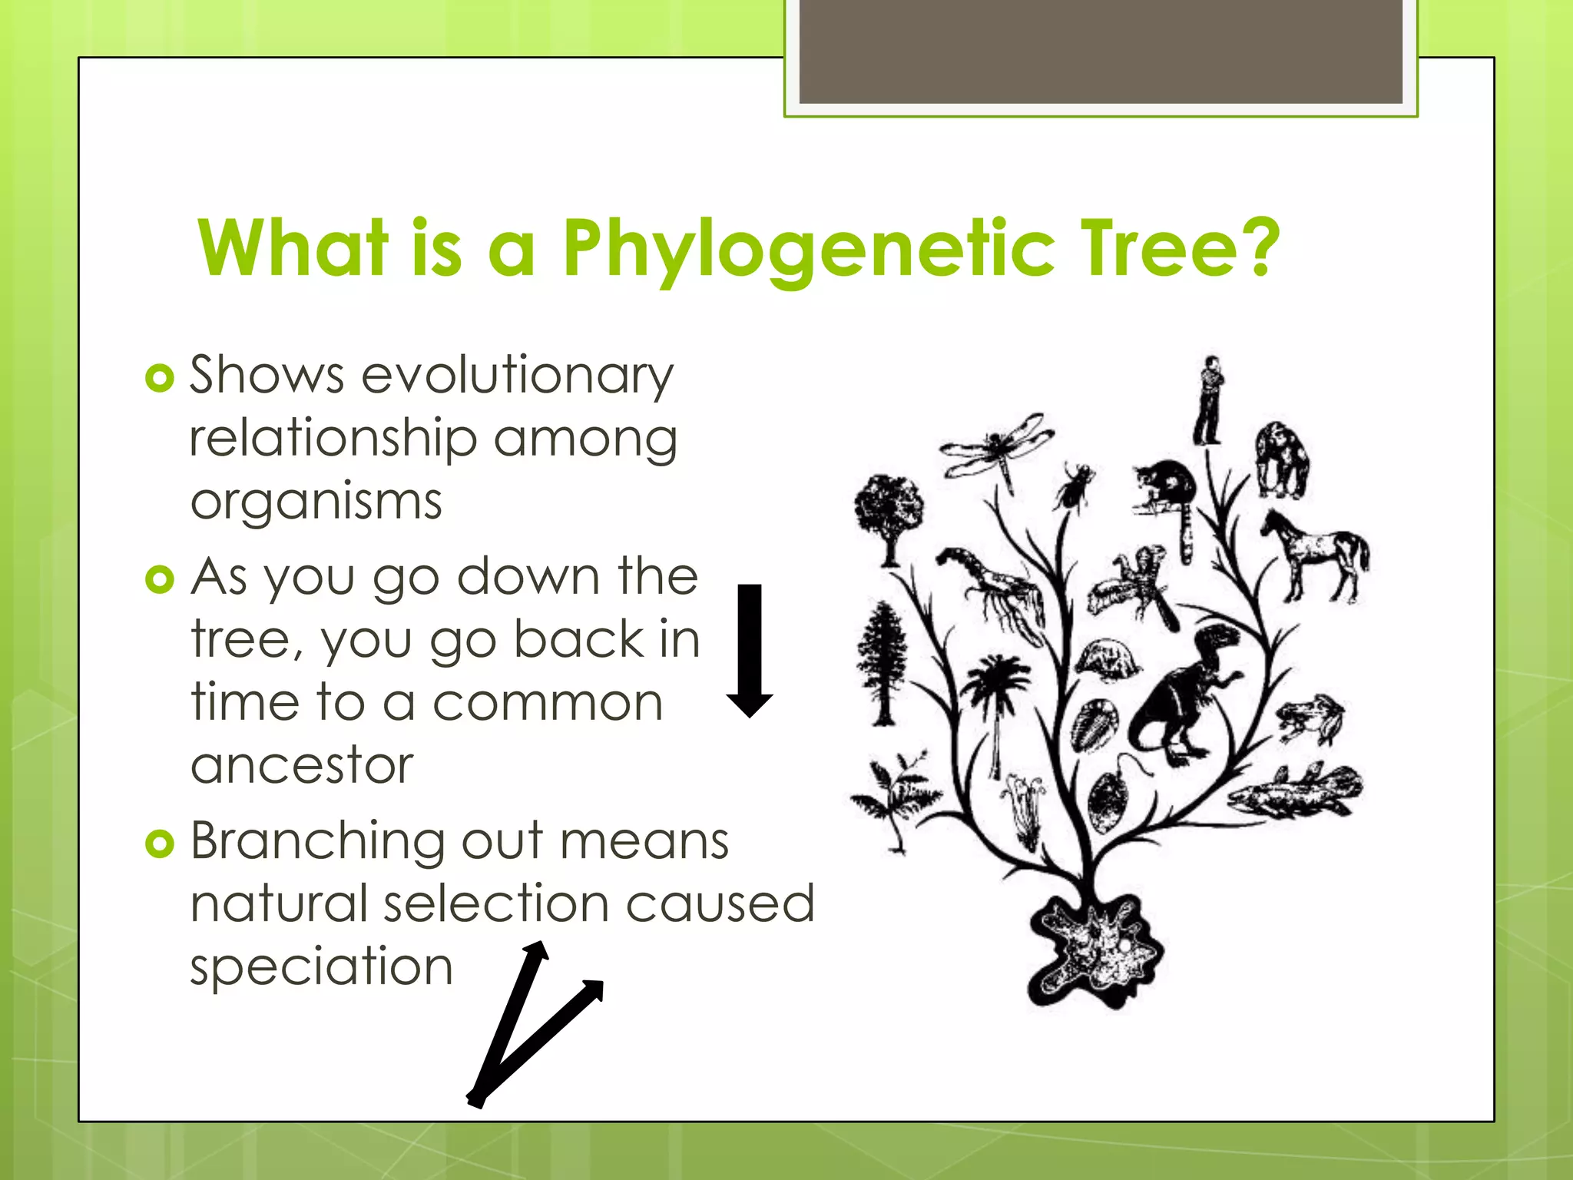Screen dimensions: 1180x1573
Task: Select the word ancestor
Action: tap(302, 765)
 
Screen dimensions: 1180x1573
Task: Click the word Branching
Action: tap(317, 840)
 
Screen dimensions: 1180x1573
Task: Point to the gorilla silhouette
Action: tap(1280, 459)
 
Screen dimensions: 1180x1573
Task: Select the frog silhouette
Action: tap(1310, 718)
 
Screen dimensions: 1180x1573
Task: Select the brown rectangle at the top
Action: tap(1100, 52)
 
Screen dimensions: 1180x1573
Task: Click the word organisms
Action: tap(316, 502)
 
